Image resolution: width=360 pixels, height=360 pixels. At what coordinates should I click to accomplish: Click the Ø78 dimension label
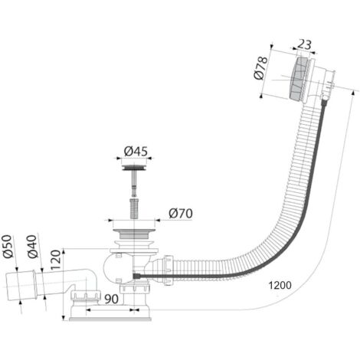click(261, 67)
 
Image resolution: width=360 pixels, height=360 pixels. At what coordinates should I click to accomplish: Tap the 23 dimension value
click(305, 45)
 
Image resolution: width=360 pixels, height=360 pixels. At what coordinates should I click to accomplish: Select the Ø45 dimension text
click(136, 151)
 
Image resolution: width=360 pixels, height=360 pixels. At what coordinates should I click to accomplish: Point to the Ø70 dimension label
click(181, 214)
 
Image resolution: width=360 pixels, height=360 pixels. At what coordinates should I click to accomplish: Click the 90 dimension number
click(111, 299)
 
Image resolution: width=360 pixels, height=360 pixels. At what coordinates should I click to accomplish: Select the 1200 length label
click(280, 285)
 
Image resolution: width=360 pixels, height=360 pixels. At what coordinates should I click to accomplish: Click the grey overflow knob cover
click(298, 79)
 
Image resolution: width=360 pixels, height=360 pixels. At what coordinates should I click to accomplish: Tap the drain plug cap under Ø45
click(134, 168)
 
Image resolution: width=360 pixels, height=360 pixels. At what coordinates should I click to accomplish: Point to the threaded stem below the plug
click(134, 209)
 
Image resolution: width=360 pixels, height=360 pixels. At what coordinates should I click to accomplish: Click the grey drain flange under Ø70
click(134, 234)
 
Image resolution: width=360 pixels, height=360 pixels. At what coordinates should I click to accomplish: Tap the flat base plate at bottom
click(110, 319)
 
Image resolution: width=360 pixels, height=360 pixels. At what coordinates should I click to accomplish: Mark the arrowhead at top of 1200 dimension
click(353, 93)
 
